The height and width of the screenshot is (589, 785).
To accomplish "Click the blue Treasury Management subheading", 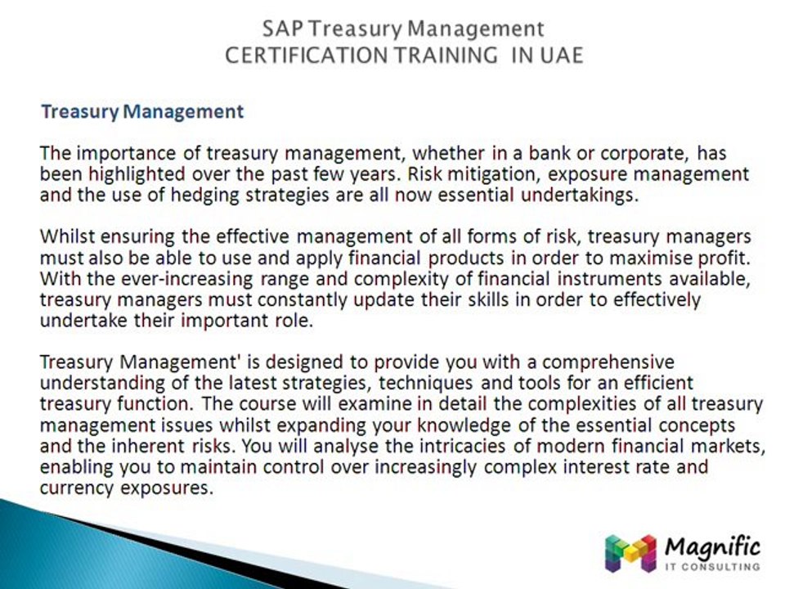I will pos(142,111).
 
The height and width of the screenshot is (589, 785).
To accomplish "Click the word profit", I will pos(720,258).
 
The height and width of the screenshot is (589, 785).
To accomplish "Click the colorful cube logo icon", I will pos(630,553).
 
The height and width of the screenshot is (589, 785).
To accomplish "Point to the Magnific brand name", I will pos(712,546).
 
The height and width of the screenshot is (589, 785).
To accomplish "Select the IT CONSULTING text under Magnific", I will pos(713,566).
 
